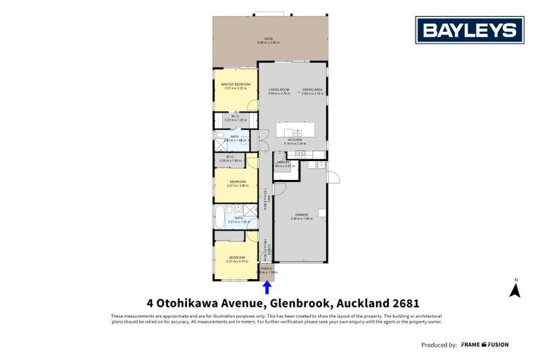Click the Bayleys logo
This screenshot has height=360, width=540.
[x=469, y=30]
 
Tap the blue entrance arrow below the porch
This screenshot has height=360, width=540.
[x=266, y=288]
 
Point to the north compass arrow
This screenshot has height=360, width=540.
[x=515, y=289]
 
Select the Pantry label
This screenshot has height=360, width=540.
[x=283, y=164]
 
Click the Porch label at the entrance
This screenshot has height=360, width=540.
[x=266, y=269]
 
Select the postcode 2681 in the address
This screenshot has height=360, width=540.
[x=406, y=304]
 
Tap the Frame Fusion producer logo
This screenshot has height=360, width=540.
[x=484, y=345]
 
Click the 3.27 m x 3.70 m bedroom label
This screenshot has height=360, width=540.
[x=236, y=259]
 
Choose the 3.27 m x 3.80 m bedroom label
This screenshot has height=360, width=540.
[x=236, y=184]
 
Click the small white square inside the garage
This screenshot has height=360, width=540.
[x=321, y=212]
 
